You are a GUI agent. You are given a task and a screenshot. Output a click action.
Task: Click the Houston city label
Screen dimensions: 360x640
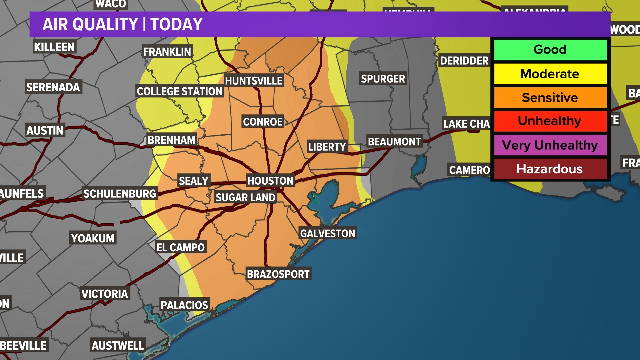coord(270,181)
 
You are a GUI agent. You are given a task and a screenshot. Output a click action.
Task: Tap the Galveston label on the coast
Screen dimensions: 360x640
coord(328,233)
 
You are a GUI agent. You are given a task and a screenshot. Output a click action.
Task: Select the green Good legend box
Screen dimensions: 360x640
coord(550,50)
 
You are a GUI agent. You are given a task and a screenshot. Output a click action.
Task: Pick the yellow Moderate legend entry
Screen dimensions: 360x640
coord(550,74)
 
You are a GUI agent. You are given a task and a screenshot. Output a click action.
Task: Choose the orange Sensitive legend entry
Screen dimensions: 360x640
coord(550,98)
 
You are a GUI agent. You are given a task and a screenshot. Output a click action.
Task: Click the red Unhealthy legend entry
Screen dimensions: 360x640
coord(550,121)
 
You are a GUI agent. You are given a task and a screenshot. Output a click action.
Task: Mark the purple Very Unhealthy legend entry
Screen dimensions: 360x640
coord(550,145)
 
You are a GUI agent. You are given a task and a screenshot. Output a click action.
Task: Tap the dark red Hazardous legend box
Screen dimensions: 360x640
coord(550,169)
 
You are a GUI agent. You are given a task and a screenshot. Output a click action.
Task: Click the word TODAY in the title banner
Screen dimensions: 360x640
coord(176,24)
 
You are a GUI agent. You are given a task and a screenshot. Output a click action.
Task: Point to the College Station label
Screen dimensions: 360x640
coord(180,91)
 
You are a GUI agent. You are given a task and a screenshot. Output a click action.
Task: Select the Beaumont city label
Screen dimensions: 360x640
coord(394,142)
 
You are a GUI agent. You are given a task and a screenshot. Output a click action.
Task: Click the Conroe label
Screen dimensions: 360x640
coord(263,122)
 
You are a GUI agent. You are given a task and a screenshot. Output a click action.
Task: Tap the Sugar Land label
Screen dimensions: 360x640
coord(246,197)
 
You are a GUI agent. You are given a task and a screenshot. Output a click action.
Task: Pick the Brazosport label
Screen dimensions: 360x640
coord(278,274)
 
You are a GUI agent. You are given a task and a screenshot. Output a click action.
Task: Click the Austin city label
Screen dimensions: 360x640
coord(45,130)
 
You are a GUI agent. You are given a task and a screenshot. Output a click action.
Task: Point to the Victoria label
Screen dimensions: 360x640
coord(105,294)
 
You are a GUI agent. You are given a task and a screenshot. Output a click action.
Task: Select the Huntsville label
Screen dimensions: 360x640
coord(254,81)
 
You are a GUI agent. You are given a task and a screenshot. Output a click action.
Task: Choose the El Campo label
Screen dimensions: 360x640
coord(181,247)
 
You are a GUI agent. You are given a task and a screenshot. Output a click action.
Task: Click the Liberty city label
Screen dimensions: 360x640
coord(327,147)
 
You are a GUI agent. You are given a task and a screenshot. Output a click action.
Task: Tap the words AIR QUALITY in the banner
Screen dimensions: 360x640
coord(90,24)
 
